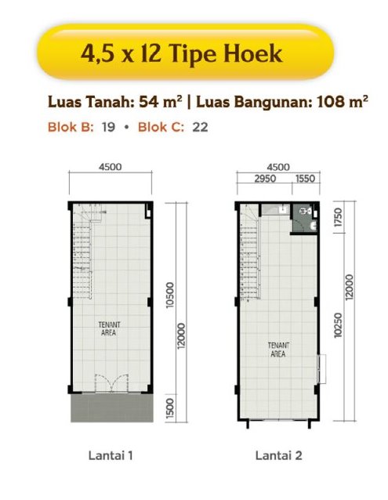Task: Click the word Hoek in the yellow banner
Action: coord(252,53)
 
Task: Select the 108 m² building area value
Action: coord(343,102)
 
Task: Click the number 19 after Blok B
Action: coord(108,127)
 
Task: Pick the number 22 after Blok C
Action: coord(200,127)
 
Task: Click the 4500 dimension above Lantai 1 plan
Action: coord(111,167)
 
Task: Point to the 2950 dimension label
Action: coord(265,179)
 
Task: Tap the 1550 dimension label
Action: coord(306,179)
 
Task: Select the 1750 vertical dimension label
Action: coord(339,217)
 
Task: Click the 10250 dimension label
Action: coord(339,325)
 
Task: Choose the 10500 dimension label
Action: coord(170,295)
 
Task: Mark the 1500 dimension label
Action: coord(170,408)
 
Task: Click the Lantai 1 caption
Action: coord(111,455)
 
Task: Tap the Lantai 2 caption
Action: coord(278,455)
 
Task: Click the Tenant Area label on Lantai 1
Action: coord(109,329)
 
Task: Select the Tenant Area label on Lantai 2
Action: coord(278,350)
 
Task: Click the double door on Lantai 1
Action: coord(111,383)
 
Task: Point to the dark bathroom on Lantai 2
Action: coord(304,219)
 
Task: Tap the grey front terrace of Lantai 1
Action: coord(111,408)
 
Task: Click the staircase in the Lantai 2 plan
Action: coord(251,252)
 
